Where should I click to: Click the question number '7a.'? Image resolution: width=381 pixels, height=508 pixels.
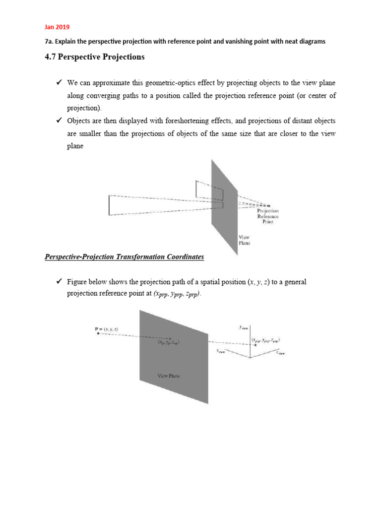(50, 42)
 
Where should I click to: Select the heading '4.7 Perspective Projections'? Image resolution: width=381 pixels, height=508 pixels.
(95, 57)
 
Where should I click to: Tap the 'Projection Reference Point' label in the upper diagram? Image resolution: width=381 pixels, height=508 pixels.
(267, 216)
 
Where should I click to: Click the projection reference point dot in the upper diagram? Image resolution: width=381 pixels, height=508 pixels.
(269, 205)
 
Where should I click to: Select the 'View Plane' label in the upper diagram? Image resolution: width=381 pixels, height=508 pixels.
(245, 240)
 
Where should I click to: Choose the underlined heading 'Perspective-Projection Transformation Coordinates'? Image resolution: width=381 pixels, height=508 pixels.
(124, 256)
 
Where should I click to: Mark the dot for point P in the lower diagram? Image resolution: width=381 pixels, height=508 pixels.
(98, 334)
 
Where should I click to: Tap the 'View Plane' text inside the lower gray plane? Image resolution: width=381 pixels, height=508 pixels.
(168, 376)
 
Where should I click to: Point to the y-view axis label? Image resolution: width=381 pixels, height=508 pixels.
(243, 327)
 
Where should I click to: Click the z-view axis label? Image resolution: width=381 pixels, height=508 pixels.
(281, 353)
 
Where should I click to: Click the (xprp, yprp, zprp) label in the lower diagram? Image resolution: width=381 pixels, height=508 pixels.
(265, 340)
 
